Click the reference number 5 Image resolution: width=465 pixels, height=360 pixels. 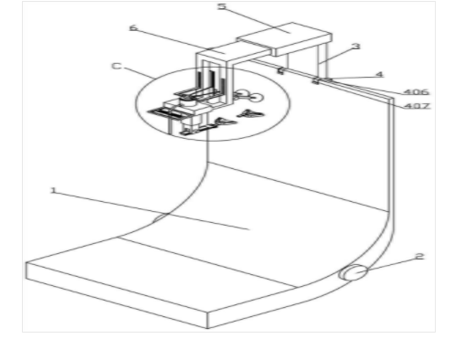(222, 6)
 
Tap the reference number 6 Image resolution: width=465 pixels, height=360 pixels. (133, 28)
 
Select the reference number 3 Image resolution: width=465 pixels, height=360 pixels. (356, 47)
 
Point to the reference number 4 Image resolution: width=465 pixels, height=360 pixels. (379, 74)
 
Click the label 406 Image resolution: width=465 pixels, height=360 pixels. (417, 91)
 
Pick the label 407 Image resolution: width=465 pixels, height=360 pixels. (417, 106)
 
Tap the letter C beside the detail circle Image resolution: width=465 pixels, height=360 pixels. (116, 66)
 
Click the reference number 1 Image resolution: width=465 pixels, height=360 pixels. (53, 191)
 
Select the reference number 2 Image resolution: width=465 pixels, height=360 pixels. (419, 257)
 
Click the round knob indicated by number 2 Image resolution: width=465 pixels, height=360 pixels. (354, 272)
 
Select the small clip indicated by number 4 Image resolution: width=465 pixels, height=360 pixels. (316, 80)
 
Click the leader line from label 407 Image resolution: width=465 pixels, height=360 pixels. (366, 94)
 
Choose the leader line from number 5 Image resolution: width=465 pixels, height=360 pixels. (259, 20)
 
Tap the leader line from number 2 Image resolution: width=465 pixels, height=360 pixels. (390, 264)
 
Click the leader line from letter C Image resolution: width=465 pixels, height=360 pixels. (139, 73)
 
